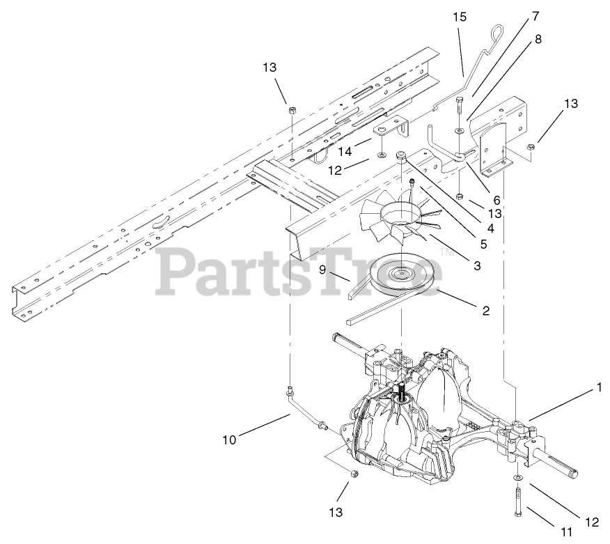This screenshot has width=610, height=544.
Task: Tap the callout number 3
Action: tap(477, 265)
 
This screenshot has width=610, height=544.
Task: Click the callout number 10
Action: tap(230, 440)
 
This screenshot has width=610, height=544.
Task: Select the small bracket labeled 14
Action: tap(390, 129)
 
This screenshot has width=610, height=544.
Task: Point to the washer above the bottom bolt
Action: tap(518, 477)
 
